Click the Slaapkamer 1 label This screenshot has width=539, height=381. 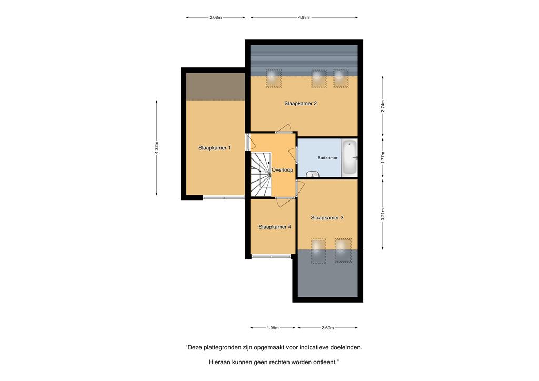(x=215, y=148)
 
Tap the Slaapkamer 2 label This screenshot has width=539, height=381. (x=301, y=104)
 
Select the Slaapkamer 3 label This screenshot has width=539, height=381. (x=327, y=218)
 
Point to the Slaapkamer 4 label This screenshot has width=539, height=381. (x=275, y=227)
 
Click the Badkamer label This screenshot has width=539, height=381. (x=327, y=158)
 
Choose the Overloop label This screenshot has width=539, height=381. (x=282, y=170)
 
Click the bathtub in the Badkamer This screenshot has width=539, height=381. (x=350, y=158)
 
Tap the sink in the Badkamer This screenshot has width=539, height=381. (x=313, y=174)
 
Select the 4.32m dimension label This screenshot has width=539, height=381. (x=157, y=148)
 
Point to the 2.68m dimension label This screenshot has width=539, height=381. (x=215, y=17)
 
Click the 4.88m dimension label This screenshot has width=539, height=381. (x=304, y=17)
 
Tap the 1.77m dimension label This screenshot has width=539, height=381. (x=383, y=157)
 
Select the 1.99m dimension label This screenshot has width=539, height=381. (x=273, y=328)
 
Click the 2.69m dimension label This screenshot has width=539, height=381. (x=327, y=328)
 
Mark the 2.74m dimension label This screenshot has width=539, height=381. (x=383, y=106)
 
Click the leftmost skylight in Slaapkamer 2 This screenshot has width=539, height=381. (x=274, y=79)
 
